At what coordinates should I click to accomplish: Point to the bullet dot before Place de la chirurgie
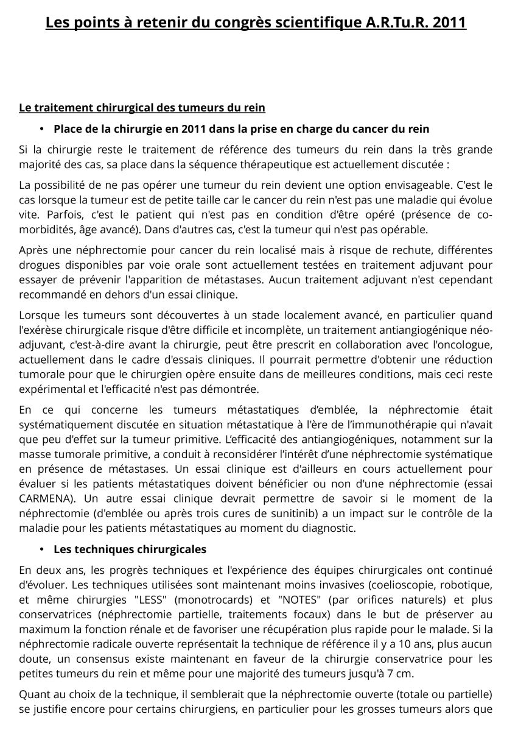[x=43, y=129]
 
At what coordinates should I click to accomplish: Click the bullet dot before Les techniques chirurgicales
[x=43, y=549]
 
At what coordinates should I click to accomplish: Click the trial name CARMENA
[x=44, y=483]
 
